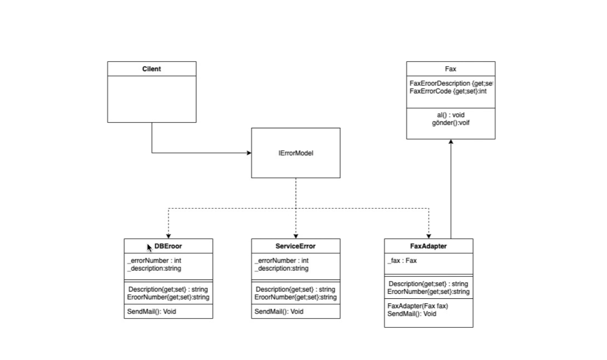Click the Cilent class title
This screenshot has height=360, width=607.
(151, 69)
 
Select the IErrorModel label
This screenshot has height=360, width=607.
(296, 153)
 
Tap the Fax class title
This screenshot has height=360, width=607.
(450, 69)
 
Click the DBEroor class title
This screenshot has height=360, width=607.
(168, 246)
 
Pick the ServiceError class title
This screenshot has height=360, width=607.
(295, 246)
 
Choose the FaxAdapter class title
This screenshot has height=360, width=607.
(428, 246)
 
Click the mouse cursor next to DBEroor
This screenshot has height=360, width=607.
(149, 248)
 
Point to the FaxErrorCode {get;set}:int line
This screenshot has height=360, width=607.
(448, 91)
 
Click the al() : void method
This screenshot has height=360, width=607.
(451, 115)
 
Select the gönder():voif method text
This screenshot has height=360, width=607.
(451, 123)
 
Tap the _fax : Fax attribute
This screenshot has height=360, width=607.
(402, 261)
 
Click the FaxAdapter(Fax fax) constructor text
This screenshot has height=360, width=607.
(418, 306)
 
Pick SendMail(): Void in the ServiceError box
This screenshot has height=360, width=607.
(279, 312)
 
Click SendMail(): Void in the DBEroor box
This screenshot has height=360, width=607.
(151, 312)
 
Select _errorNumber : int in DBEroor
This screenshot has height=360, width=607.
(155, 261)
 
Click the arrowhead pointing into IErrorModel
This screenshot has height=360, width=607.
(249, 153)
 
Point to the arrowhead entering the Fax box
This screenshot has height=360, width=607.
(451, 142)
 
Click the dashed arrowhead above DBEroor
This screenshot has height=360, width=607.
(168, 236)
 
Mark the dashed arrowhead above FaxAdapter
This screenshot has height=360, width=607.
(429, 236)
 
